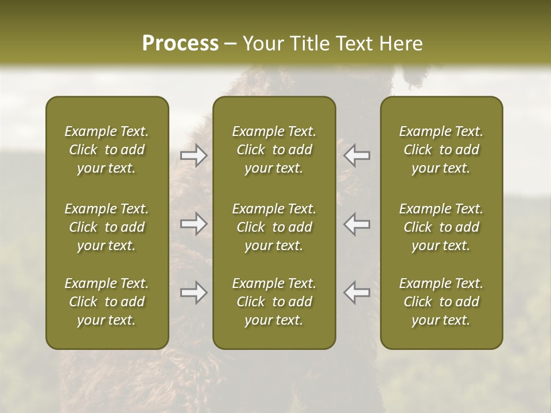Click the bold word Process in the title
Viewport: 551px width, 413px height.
[x=180, y=44]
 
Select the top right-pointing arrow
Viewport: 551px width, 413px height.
[x=194, y=155]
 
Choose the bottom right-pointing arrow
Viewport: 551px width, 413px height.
[x=194, y=293]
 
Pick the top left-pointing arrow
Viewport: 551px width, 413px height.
[x=357, y=155]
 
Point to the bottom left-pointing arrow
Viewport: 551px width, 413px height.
[x=357, y=293]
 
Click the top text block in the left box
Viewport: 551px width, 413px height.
[x=107, y=150]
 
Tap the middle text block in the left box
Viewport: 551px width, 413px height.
[x=107, y=227]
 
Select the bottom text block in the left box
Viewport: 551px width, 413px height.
[x=107, y=302]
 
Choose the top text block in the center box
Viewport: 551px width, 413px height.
[x=274, y=150]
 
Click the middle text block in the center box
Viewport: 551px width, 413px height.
[x=274, y=227]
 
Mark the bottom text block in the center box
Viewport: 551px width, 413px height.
[x=274, y=302]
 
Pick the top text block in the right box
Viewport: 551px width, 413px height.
[x=441, y=150]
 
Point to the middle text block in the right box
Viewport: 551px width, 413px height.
[x=441, y=227]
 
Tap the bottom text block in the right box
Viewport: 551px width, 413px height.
[x=441, y=302]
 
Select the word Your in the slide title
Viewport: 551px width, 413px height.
[x=262, y=44]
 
